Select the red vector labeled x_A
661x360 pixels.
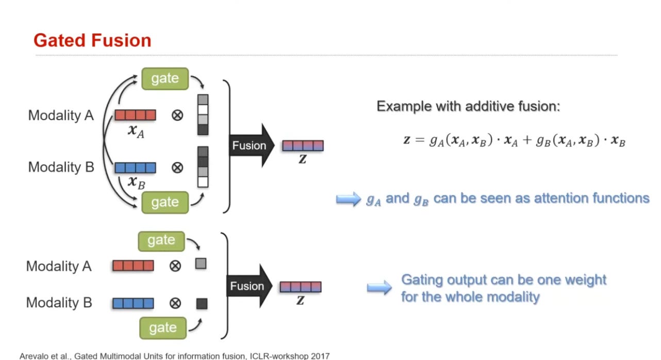pyautogui.click(x=135, y=115)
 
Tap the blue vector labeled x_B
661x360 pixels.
pyautogui.click(x=135, y=168)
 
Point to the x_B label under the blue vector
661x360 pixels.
pyautogui.click(x=136, y=182)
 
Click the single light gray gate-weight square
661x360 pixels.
pyautogui.click(x=201, y=264)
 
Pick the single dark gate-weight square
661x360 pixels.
pyautogui.click(x=202, y=304)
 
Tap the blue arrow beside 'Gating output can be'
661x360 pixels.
pyautogui.click(x=379, y=288)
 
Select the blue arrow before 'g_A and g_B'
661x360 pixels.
pyautogui.click(x=348, y=200)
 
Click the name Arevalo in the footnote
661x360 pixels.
pyautogui.click(x=34, y=356)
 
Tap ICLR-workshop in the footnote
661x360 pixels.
pyautogui.click(x=283, y=356)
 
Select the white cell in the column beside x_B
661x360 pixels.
pyautogui.click(x=203, y=182)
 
